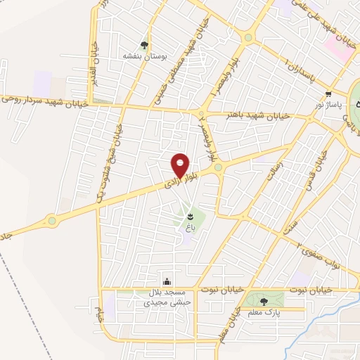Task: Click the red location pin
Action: click(x=181, y=165)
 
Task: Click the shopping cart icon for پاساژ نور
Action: click(x=329, y=94)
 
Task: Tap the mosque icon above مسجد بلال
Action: click(x=167, y=280)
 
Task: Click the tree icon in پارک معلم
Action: click(x=254, y=302)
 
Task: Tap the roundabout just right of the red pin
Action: click(x=219, y=167)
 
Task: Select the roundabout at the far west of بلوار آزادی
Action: click(x=52, y=220)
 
